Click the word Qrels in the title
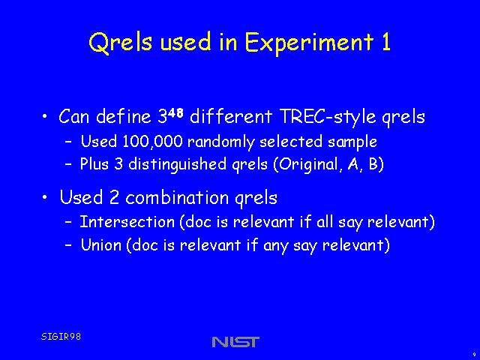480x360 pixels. pos(120,42)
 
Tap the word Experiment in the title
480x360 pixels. pos(310,43)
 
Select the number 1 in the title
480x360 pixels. pos(387,41)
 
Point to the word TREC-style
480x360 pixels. pos(328,117)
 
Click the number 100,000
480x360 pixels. pos(152,142)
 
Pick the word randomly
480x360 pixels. pos(221,142)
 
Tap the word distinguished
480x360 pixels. pos(177,165)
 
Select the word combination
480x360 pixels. pos(177,197)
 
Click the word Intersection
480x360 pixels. pos(127,222)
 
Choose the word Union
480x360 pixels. pos(101,245)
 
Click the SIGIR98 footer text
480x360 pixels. pos(61,337)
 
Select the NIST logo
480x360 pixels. pos(235,342)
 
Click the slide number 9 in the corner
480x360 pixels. pos(474,355)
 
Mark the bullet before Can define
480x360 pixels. pos(45,117)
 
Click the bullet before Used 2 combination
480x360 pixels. pos(45,197)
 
